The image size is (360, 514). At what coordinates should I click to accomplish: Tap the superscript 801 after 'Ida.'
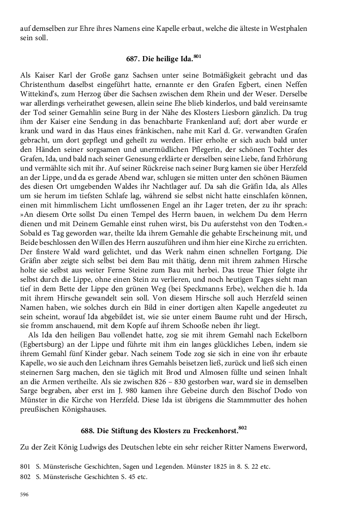click(197, 57)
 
